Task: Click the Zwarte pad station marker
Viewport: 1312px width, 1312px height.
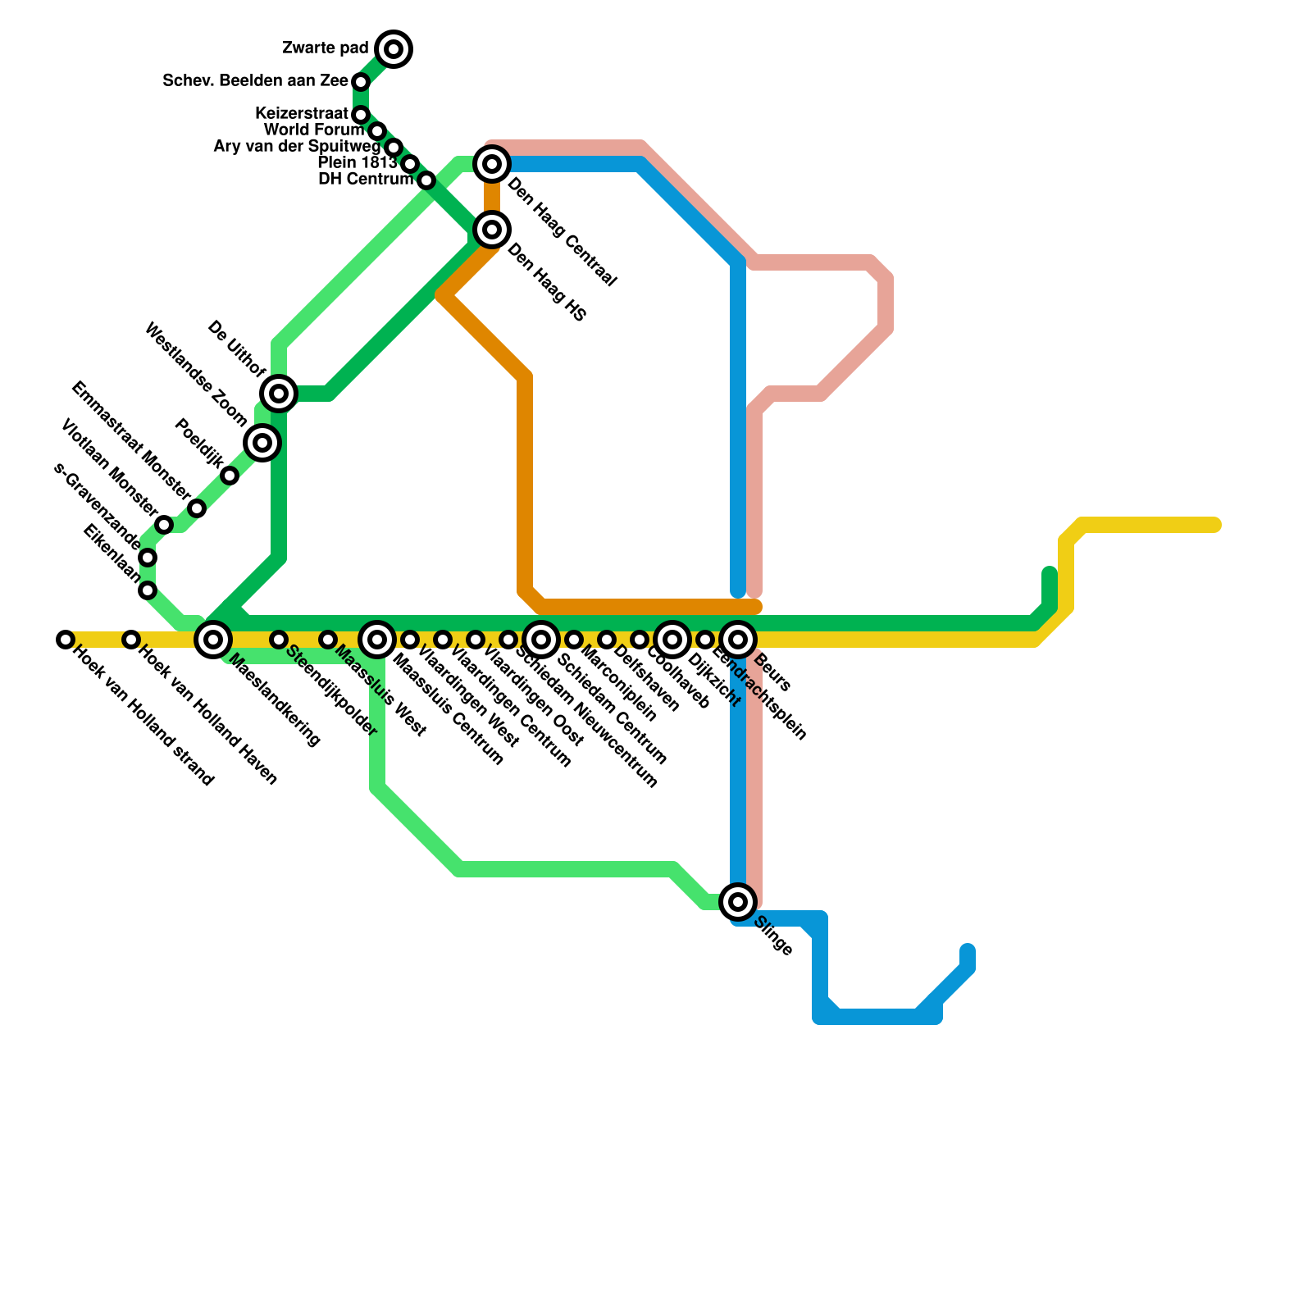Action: (x=394, y=49)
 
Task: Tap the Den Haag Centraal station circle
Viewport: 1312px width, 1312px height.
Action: (x=492, y=164)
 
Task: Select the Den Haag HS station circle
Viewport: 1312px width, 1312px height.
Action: (x=492, y=230)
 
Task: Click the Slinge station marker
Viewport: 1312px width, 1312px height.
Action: (x=738, y=902)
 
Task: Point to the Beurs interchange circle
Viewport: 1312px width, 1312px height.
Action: (x=738, y=639)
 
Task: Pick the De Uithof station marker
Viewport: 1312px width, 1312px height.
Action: (x=279, y=394)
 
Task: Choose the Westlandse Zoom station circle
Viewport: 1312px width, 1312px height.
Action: (x=262, y=443)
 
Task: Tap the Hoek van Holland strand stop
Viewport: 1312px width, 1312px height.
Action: (x=66, y=639)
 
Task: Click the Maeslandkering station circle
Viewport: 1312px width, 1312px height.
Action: (x=213, y=639)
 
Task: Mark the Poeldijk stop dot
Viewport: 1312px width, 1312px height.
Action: (x=230, y=476)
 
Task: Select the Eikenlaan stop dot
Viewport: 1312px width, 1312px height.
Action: (x=148, y=590)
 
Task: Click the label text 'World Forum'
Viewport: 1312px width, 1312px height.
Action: (x=314, y=130)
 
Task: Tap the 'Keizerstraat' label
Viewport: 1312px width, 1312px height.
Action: (x=302, y=113)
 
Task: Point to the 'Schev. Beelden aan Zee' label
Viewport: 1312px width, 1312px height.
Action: (x=255, y=80)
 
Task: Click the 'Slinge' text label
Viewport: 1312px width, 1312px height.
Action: (x=772, y=936)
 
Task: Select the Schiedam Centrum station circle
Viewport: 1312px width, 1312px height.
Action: (x=541, y=639)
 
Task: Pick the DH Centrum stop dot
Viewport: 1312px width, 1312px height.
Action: (x=426, y=180)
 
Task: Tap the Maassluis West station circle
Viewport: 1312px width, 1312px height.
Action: (x=328, y=639)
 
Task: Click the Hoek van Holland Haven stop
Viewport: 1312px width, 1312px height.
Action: (x=131, y=639)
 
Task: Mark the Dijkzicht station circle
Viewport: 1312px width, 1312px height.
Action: (x=672, y=639)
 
